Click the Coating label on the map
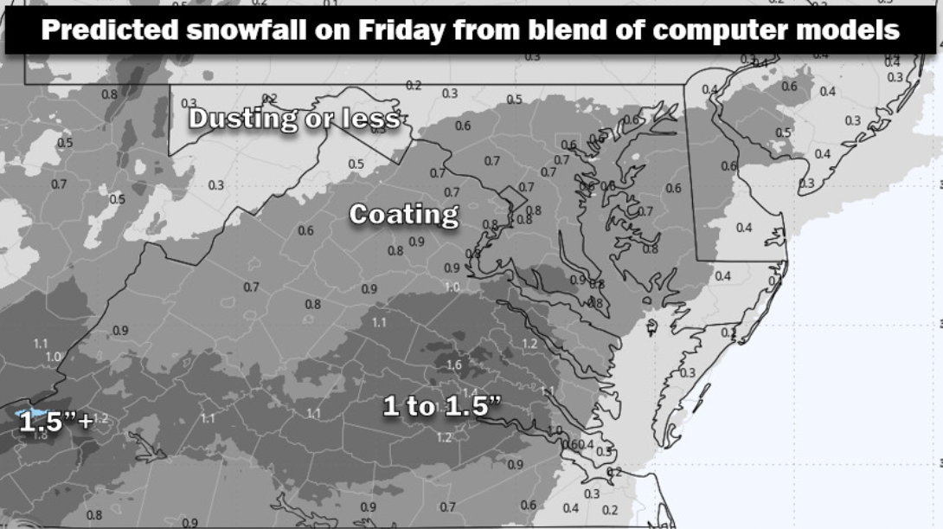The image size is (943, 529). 403,214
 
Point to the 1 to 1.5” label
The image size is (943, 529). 441,404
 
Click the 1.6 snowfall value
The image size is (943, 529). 454,364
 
